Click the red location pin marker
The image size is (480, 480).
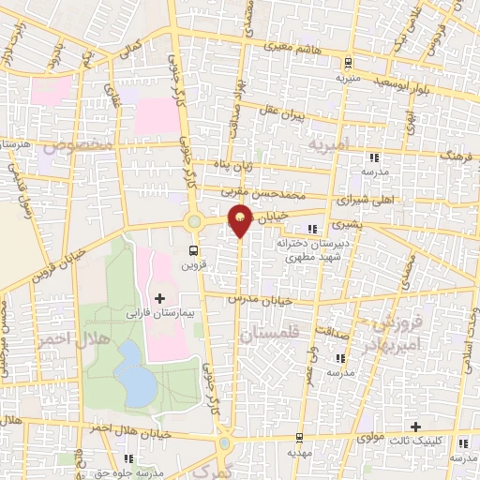pos(241,220)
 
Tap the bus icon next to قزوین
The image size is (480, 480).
pos(193,250)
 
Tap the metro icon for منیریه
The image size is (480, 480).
pos(348,64)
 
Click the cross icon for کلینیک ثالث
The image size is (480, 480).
pos(414,427)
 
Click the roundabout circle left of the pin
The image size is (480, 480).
pos(196,222)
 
